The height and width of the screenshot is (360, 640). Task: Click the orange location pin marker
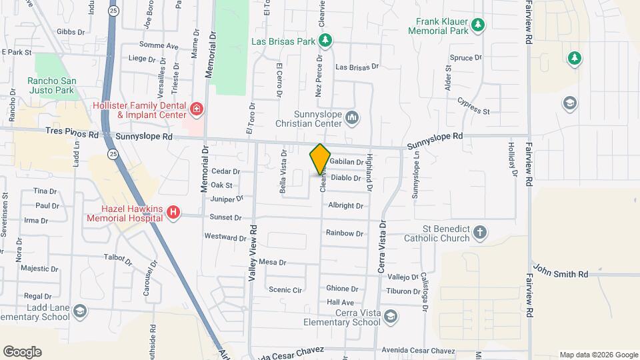tap(320, 159)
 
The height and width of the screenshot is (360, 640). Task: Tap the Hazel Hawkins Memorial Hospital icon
tap(173, 213)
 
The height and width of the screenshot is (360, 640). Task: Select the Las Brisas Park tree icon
tap(325, 41)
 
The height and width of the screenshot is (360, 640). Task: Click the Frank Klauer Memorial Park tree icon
tap(477, 25)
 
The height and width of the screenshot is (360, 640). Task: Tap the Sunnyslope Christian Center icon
tap(353, 119)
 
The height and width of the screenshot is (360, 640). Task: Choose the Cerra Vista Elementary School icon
tap(391, 316)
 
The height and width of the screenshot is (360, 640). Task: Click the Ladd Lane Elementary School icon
tap(80, 311)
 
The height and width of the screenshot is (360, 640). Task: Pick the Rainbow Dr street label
tap(345, 233)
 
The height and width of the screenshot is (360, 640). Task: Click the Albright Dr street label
tap(345, 206)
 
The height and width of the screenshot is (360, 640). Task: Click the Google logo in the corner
tap(22, 351)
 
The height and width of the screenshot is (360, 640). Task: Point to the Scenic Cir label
tap(285, 289)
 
